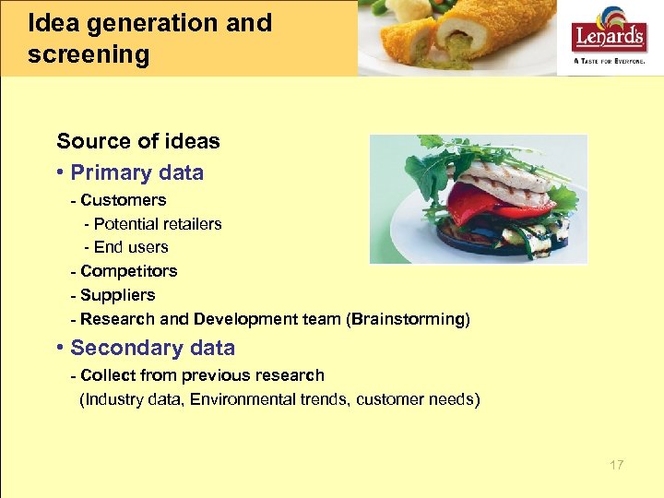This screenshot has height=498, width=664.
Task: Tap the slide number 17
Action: pos(616,465)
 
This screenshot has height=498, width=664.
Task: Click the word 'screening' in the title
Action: pos(88,55)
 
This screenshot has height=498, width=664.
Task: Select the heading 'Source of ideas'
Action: pos(138,141)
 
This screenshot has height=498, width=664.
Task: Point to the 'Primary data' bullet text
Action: pos(136,172)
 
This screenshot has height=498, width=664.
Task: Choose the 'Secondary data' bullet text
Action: pos(152,348)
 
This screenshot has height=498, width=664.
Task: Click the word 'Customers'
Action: pos(123,199)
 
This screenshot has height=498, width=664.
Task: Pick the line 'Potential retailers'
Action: pos(158,223)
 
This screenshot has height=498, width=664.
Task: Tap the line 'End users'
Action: pos(131,247)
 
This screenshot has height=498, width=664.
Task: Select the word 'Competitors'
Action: pos(128,271)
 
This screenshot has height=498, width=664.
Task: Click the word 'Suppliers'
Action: pos(117,295)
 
